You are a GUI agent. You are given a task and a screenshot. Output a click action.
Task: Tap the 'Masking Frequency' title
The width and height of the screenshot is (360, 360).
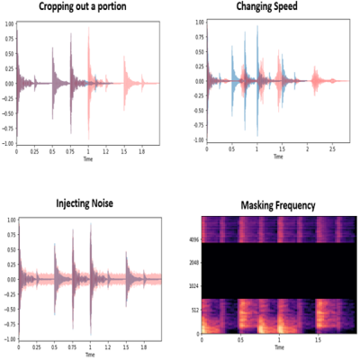278,206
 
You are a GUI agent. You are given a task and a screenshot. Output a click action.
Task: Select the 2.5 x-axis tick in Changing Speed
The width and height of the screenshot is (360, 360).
332,149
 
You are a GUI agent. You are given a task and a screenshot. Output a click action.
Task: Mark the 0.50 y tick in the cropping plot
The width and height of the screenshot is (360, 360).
9,53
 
